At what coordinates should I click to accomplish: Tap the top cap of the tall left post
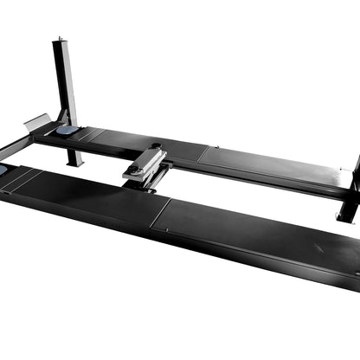pos(60,40)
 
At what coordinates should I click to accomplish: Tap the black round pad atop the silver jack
pos(156,146)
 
